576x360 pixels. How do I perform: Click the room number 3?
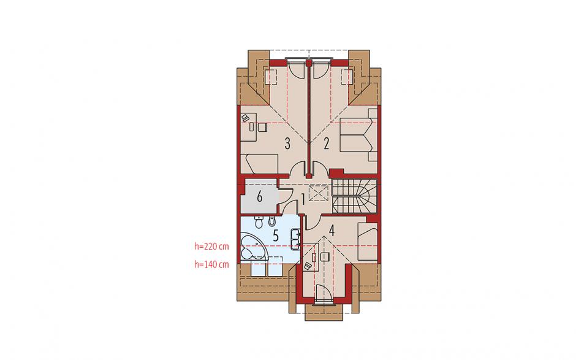pos(287,144)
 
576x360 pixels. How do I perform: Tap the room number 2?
pos(326,144)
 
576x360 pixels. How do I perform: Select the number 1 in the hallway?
pos(303,200)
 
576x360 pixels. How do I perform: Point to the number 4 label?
pos(332,231)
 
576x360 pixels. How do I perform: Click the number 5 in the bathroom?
pos(276,236)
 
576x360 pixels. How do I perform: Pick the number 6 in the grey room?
pos(259,197)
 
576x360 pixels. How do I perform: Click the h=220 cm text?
pos(211,246)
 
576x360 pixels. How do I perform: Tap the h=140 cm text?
pos(211,264)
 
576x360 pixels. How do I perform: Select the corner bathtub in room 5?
pos(254,249)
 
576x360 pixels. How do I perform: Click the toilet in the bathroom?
pos(259,222)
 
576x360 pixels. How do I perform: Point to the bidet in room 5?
pos(272,221)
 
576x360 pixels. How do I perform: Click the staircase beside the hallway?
pos(355,196)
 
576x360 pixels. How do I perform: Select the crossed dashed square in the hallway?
pos(318,193)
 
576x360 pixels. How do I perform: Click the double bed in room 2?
pos(359,134)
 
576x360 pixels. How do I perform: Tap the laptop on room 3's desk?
pos(245,118)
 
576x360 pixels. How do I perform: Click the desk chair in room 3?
pos(262,127)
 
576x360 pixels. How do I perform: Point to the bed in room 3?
pos(262,164)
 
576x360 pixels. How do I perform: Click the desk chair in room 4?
pos(324,257)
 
